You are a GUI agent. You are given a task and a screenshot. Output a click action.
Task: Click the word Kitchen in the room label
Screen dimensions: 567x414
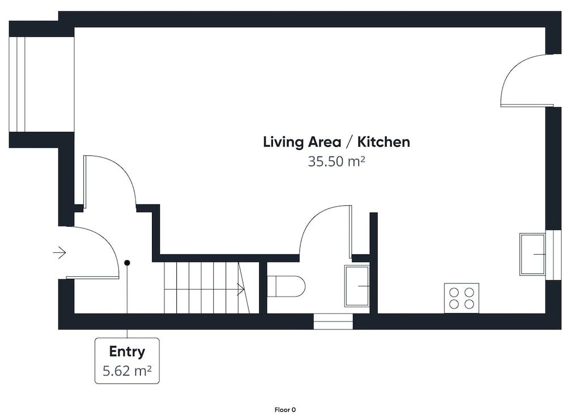pyautogui.click(x=384, y=142)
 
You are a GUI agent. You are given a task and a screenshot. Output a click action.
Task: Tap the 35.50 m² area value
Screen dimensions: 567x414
pyautogui.click(x=336, y=161)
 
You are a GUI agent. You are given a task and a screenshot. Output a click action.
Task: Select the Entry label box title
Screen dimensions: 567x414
pyautogui.click(x=127, y=351)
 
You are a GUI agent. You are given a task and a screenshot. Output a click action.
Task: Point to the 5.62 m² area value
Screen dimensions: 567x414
pyautogui.click(x=127, y=370)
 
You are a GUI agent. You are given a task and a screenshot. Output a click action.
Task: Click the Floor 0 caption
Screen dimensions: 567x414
pyautogui.click(x=285, y=409)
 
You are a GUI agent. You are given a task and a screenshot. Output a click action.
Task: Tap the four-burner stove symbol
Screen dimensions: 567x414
pyautogui.click(x=462, y=298)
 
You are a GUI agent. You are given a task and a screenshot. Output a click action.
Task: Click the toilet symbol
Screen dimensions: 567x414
pyautogui.click(x=286, y=286)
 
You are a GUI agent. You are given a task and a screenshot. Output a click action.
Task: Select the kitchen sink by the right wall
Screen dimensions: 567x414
pyautogui.click(x=532, y=254)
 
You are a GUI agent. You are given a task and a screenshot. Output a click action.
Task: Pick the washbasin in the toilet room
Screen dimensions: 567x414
pyautogui.click(x=357, y=286)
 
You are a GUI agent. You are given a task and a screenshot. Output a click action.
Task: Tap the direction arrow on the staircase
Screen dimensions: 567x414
pyautogui.click(x=240, y=289)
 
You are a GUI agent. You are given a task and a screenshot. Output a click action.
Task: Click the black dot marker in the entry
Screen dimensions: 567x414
pyautogui.click(x=127, y=263)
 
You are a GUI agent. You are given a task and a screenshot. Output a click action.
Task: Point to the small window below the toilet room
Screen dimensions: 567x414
pyautogui.click(x=333, y=322)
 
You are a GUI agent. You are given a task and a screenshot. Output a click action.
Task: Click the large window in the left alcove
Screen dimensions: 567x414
pyautogui.click(x=17, y=85)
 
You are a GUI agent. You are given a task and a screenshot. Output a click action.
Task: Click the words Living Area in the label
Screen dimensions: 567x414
pyautogui.click(x=302, y=142)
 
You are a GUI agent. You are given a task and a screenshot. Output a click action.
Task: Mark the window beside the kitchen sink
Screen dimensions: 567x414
pyautogui.click(x=553, y=255)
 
